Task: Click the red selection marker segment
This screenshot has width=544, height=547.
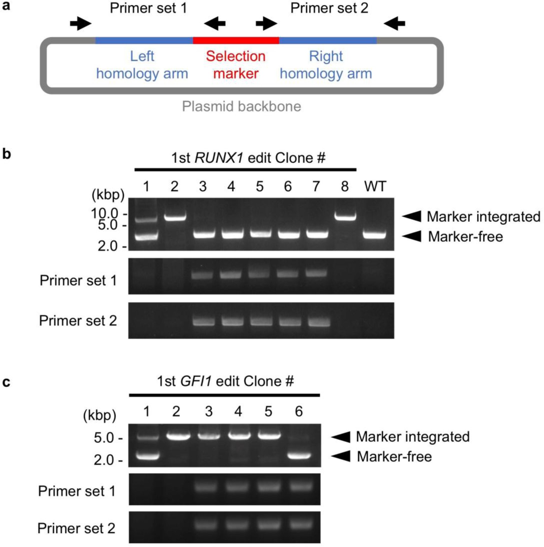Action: pos(236,40)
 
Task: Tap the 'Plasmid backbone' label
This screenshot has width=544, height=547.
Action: pos(241,106)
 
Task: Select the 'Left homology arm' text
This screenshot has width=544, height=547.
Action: pos(142,65)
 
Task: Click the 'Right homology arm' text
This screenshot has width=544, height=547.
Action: pos(326,65)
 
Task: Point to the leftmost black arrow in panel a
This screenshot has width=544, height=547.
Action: pos(80,23)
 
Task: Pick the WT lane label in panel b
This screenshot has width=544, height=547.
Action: pos(375,186)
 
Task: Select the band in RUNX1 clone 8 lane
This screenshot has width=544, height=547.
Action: pos(346,217)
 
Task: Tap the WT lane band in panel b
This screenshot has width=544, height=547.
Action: pos(374,235)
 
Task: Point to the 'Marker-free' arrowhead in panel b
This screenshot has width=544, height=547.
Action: pos(412,236)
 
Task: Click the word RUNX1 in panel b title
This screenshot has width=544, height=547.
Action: pos(219,158)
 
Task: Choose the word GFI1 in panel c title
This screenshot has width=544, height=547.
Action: pos(196,381)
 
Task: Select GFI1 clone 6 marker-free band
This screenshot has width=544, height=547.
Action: pos(299,455)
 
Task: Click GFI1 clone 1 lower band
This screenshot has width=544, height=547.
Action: pos(147,456)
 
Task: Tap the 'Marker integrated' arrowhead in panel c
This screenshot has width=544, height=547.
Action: pos(341,437)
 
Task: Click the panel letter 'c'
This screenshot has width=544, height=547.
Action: pos(6,382)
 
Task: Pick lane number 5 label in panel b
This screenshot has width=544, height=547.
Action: pos(259,186)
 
